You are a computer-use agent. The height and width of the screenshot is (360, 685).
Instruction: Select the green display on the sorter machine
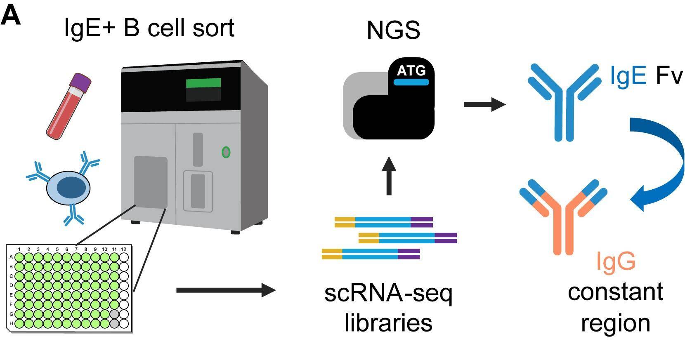tap(203, 83)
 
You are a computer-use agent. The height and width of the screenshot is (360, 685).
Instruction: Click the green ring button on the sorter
tap(226, 153)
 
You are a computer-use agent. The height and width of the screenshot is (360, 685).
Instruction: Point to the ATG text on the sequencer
tap(411, 71)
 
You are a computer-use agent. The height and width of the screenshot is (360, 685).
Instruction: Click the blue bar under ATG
tap(411, 82)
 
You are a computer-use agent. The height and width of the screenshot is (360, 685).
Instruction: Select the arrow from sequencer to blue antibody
tap(484, 104)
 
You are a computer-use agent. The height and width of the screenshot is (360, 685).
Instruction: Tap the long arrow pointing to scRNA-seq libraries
tap(225, 290)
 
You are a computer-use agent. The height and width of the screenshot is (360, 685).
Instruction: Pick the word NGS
tap(393, 31)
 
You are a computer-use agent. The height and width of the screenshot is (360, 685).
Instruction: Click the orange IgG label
tap(616, 261)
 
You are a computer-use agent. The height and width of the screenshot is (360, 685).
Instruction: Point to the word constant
tap(615, 292)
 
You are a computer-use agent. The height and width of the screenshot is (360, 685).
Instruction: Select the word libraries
tap(388, 322)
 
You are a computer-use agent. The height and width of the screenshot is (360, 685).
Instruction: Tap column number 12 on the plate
tap(124, 249)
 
